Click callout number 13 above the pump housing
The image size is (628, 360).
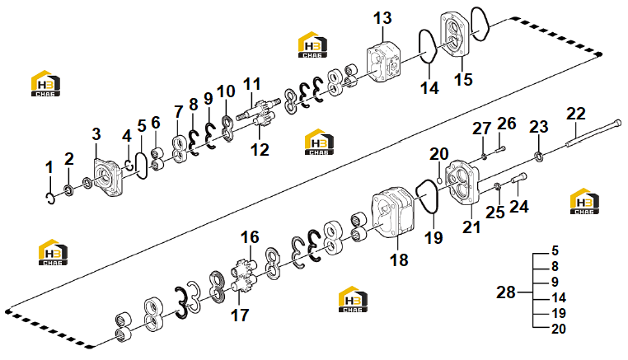click(x=382, y=18)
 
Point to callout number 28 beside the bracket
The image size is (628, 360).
click(x=506, y=292)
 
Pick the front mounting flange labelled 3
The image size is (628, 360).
click(x=107, y=178)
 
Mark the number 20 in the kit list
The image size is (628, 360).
click(x=559, y=329)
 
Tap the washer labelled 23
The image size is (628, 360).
click(x=539, y=157)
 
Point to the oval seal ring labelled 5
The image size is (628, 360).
click(x=142, y=165)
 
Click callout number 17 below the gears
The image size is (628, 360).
click(x=240, y=316)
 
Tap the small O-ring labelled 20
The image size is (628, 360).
click(x=439, y=180)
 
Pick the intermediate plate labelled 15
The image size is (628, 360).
click(x=456, y=35)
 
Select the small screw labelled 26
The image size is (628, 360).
click(x=500, y=149)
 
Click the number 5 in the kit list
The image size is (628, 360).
click(x=555, y=250)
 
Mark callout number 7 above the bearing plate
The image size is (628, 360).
click(x=179, y=112)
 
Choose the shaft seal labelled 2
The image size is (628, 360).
click(x=68, y=189)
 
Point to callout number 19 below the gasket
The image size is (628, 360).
click(x=434, y=238)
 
